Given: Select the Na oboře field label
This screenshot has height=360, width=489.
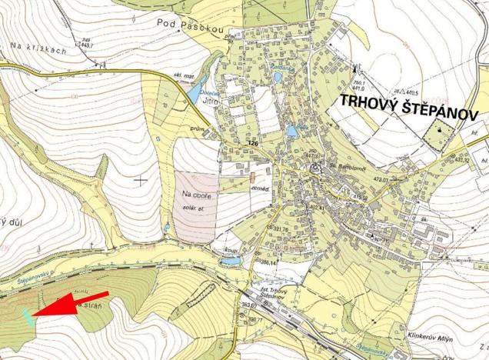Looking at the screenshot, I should (197, 195).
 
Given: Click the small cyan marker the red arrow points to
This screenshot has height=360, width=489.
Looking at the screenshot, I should (28, 315).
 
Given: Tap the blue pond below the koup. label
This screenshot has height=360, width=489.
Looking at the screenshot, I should (228, 262).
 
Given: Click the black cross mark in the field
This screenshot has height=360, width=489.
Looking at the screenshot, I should (141, 179).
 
